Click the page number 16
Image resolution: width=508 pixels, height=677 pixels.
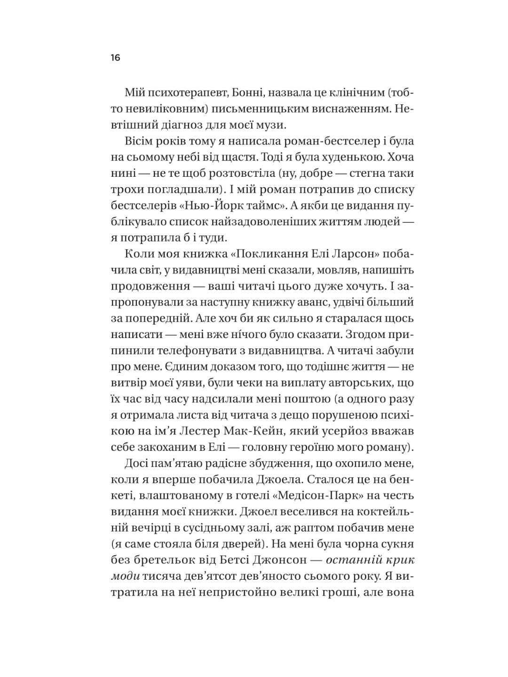click(x=116, y=58)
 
